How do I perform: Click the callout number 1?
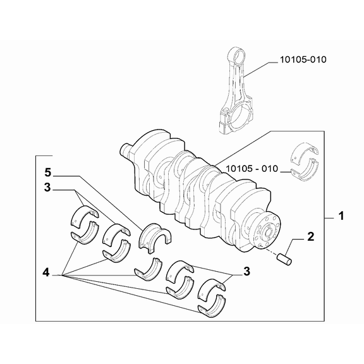[341, 216]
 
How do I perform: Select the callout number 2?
[310, 236]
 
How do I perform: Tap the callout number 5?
[47, 173]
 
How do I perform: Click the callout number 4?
[46, 272]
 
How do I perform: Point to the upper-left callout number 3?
[47, 187]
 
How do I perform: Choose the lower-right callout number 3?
[246, 271]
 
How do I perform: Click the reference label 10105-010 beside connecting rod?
[303, 59]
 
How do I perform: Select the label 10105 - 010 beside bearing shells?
[252, 169]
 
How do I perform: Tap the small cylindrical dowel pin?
[284, 260]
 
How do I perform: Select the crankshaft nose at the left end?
[126, 150]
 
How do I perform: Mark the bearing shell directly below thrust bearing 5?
[148, 269]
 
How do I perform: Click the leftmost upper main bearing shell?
[84, 215]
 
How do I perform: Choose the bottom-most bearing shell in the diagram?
[212, 306]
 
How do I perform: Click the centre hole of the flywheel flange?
[269, 232]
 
